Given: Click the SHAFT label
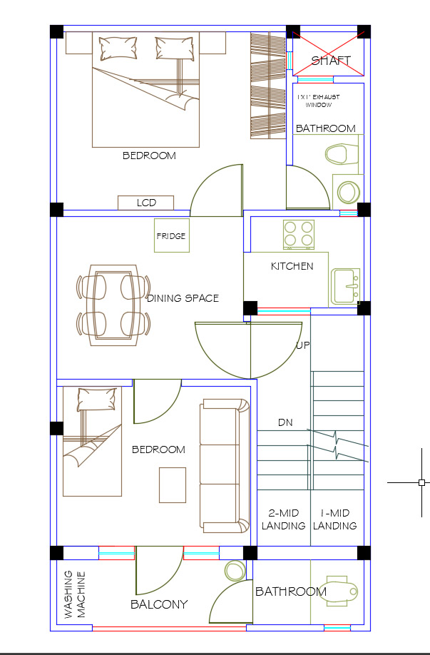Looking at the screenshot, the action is pyautogui.click(x=331, y=61).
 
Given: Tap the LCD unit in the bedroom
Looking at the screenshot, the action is pyautogui.click(x=145, y=203).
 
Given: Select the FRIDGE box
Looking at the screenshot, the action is pyautogui.click(x=172, y=235).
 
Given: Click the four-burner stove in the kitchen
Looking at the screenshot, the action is pyautogui.click(x=299, y=234).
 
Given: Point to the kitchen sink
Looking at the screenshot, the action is pyautogui.click(x=345, y=286).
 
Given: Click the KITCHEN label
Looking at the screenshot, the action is pyautogui.click(x=292, y=266).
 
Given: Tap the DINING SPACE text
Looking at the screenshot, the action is pyautogui.click(x=183, y=298).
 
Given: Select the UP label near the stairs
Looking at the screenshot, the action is pyautogui.click(x=302, y=345).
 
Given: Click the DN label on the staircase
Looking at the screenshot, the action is pyautogui.click(x=285, y=422).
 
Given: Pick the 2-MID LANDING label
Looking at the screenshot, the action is pyautogui.click(x=284, y=519).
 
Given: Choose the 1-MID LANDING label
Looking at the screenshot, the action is pyautogui.click(x=335, y=519).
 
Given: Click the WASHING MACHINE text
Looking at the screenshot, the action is pyautogui.click(x=75, y=594).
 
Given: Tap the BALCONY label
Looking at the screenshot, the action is pyautogui.click(x=159, y=604).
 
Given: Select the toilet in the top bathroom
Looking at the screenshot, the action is pyautogui.click(x=342, y=154).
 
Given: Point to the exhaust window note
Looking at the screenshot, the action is pyautogui.click(x=319, y=101).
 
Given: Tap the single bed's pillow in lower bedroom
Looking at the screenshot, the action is pyautogui.click(x=97, y=400).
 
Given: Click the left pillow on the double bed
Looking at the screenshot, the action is pyautogui.click(x=118, y=48).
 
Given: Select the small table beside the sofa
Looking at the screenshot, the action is pyautogui.click(x=173, y=485).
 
